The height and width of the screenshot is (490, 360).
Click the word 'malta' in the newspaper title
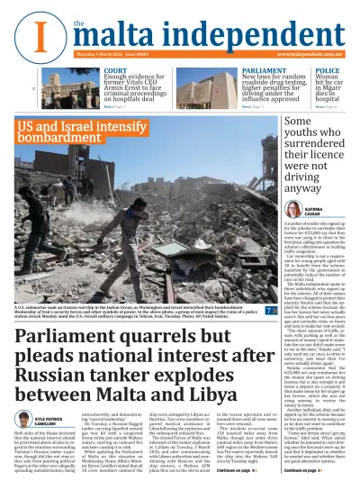(118, 34)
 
